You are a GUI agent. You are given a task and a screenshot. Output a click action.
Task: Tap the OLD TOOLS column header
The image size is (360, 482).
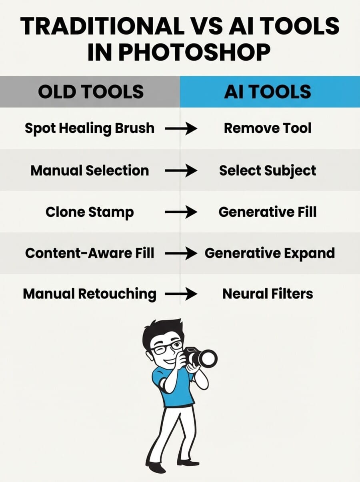91,92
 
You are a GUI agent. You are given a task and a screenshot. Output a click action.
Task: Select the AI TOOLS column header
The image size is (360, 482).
267,92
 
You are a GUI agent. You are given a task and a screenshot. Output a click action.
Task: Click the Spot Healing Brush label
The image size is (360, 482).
89,128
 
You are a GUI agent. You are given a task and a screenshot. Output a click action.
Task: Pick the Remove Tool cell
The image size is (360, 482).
267,128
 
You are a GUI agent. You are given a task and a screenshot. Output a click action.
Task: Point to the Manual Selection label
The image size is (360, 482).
89,170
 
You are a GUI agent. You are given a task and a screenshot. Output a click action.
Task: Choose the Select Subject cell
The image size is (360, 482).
267,170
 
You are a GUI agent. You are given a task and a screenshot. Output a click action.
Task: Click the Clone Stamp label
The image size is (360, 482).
89,212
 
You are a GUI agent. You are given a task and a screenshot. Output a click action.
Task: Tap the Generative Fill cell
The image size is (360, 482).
267,212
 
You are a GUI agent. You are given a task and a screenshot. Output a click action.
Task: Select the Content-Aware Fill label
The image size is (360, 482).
89,253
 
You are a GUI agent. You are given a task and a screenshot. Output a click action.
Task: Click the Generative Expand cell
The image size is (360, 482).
270,253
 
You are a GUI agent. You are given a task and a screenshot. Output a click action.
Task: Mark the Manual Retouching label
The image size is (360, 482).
89,294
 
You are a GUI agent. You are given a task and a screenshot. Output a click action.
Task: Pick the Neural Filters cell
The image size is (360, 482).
267,294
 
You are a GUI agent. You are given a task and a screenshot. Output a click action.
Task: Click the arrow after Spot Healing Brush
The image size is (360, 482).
181,129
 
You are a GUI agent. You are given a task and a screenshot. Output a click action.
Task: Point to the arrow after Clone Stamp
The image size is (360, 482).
181,212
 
